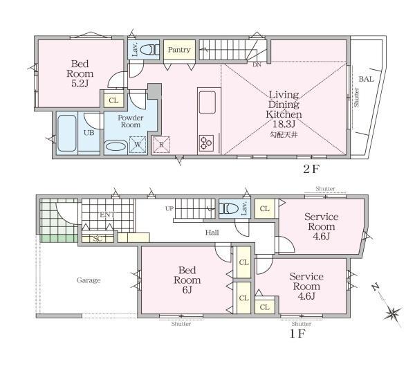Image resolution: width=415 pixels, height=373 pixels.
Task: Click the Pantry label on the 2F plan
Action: pyautogui.click(x=179, y=50)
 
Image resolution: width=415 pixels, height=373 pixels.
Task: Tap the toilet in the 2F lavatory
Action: pyautogui.click(x=149, y=50)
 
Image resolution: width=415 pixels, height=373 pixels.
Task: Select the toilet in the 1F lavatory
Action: pyautogui.click(x=229, y=208)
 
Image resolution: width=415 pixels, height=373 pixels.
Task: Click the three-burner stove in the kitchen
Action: pyautogui.click(x=206, y=143)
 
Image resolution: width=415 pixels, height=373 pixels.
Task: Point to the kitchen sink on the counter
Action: pyautogui.click(x=207, y=102)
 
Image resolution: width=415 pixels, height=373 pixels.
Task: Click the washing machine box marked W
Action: pyautogui.click(x=138, y=145)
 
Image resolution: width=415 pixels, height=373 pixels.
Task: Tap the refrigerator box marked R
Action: pyautogui.click(x=161, y=145)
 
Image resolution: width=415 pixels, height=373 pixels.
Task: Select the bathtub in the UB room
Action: pyautogui.click(x=66, y=133)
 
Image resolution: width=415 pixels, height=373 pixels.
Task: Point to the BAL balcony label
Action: pyautogui.click(x=367, y=79)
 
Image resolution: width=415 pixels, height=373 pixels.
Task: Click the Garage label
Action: pyautogui.click(x=89, y=280)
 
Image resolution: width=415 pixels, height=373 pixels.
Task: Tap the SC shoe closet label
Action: pyautogui.click(x=98, y=239)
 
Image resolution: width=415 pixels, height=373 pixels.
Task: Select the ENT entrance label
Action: pyautogui.click(x=107, y=215)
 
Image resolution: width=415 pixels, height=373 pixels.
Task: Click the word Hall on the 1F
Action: pyautogui.click(x=212, y=233)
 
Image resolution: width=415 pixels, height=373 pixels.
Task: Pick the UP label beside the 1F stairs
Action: pyautogui.click(x=169, y=208)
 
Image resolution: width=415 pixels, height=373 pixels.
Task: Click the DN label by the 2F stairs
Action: pyautogui.click(x=257, y=64)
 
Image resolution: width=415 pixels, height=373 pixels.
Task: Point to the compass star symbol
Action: pyautogui.click(x=392, y=314)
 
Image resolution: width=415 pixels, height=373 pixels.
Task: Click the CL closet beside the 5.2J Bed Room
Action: pyautogui.click(x=113, y=100)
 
